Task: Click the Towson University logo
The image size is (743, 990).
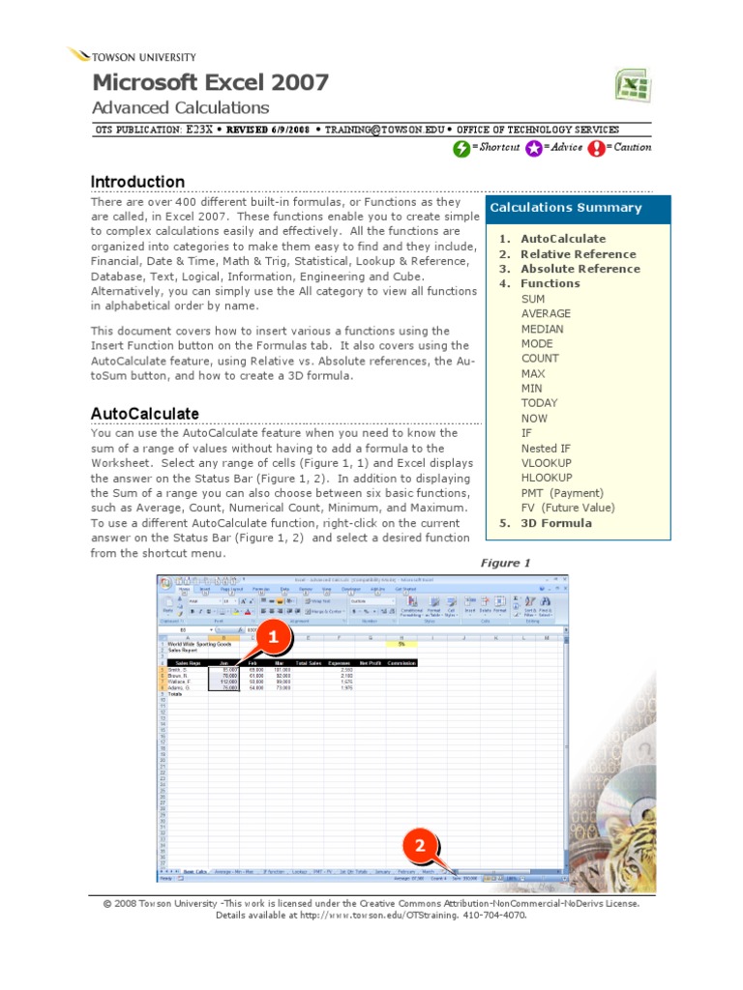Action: tap(132, 57)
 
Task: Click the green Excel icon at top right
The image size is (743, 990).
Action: tap(632, 86)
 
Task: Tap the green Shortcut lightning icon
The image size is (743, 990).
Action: tap(461, 148)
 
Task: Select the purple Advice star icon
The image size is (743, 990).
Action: tap(533, 148)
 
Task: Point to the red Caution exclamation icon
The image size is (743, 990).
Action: tap(597, 148)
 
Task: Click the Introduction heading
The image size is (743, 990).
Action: tap(137, 182)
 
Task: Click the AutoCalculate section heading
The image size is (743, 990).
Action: tap(145, 414)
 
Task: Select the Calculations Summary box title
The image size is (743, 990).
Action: tap(566, 208)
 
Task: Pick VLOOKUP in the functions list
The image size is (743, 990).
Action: tap(547, 463)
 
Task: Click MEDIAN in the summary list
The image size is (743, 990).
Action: tap(542, 329)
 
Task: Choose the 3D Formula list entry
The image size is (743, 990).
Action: tap(556, 523)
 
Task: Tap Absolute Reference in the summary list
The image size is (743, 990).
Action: tap(580, 269)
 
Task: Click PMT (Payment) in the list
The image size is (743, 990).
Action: tap(561, 493)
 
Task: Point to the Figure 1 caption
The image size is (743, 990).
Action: tap(506, 563)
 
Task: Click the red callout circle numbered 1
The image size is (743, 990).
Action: tap(272, 638)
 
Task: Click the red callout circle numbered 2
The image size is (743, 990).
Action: tap(420, 846)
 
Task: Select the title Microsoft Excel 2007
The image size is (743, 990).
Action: tap(210, 82)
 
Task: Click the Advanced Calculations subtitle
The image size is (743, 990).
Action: tap(180, 108)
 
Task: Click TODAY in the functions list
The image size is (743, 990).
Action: tap(539, 403)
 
